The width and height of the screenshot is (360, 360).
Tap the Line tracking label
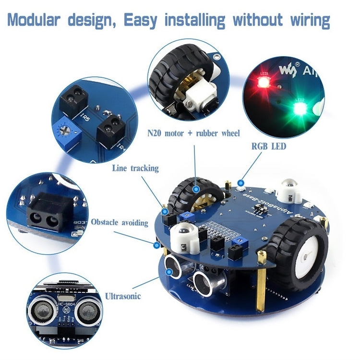coord(135,168)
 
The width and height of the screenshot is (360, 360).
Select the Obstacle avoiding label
coord(120,223)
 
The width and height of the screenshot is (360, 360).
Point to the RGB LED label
coord(268,146)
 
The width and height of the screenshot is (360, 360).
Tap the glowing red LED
coord(263,82)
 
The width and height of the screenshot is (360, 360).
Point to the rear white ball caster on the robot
coord(291,190)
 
